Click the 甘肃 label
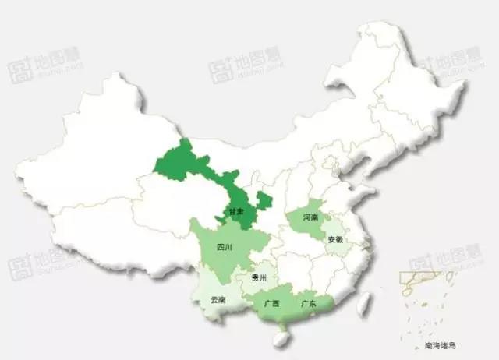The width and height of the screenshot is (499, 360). tap(236, 213)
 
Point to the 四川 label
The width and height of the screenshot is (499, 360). tap(224, 248)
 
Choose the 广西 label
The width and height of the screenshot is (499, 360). tap(272, 303)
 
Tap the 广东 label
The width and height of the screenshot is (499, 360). tap(308, 303)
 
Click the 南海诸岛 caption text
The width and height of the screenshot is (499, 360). tap(439, 344)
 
